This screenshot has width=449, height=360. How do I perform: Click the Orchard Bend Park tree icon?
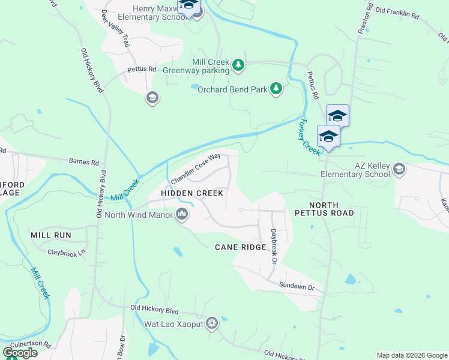click(276, 89)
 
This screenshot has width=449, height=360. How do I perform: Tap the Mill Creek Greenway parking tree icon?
click(238, 65)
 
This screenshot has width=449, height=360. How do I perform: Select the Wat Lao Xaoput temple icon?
click(211, 325)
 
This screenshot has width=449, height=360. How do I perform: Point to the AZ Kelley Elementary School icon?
click(399, 170)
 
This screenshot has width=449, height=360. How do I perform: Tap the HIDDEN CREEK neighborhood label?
click(192, 193)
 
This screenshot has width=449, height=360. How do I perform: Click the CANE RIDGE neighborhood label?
click(238, 247)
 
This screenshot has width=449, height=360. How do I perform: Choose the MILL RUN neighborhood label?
click(51, 235)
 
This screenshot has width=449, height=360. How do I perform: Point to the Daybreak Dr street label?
click(273, 246)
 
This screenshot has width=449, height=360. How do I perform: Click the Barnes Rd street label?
click(84, 162)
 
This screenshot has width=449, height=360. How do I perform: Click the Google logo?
click(20, 353)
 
